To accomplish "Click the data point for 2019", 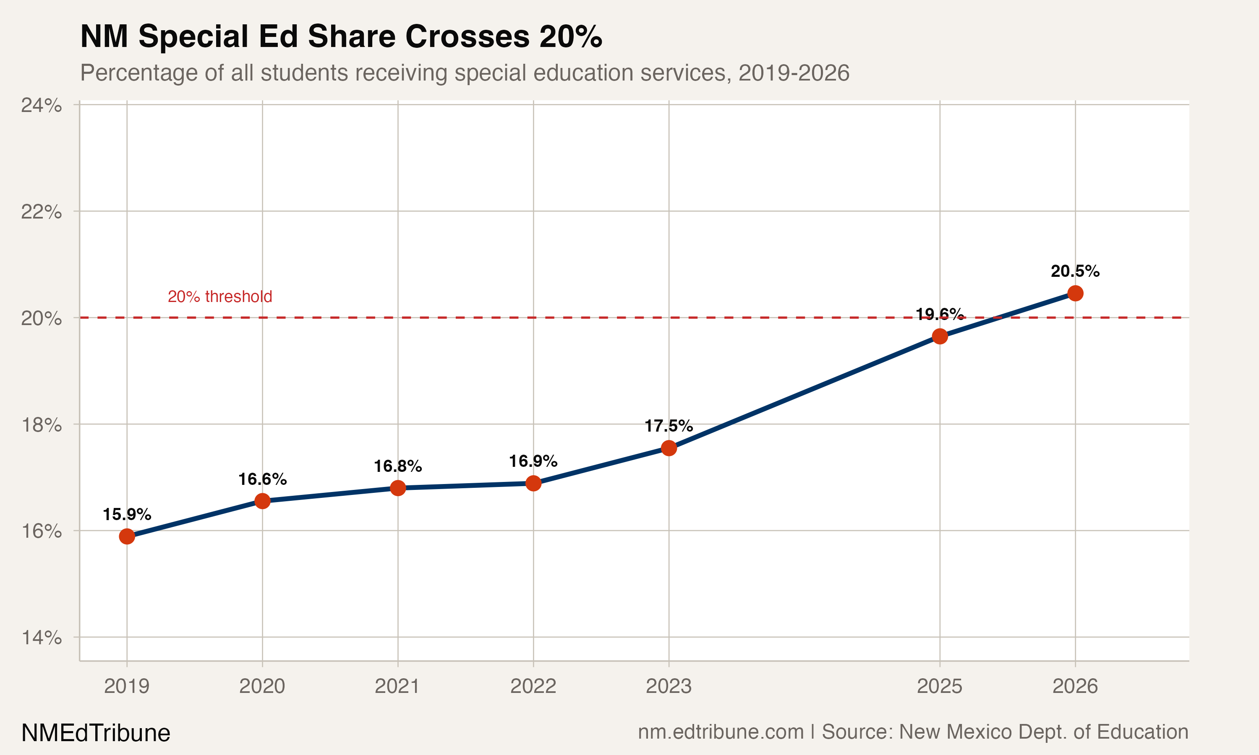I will coord(127,536).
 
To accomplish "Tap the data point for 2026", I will coord(1075,293).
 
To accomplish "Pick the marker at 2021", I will coord(398,488).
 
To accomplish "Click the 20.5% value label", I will coord(1075,271).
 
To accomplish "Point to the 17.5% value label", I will coord(669,426).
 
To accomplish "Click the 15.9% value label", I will coord(127,514).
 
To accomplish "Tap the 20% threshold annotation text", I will coord(220,296).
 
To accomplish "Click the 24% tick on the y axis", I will coord(41,105).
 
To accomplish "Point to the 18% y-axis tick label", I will coord(41,424).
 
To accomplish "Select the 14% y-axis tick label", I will coord(41,638).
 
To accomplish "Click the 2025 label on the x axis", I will coord(939,686).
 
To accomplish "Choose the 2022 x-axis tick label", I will coord(533,686).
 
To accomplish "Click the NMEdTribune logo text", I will coord(96,733).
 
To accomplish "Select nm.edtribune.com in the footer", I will coord(721,732).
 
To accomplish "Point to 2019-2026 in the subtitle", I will coord(794,73).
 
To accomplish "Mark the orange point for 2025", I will coord(939,336).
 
